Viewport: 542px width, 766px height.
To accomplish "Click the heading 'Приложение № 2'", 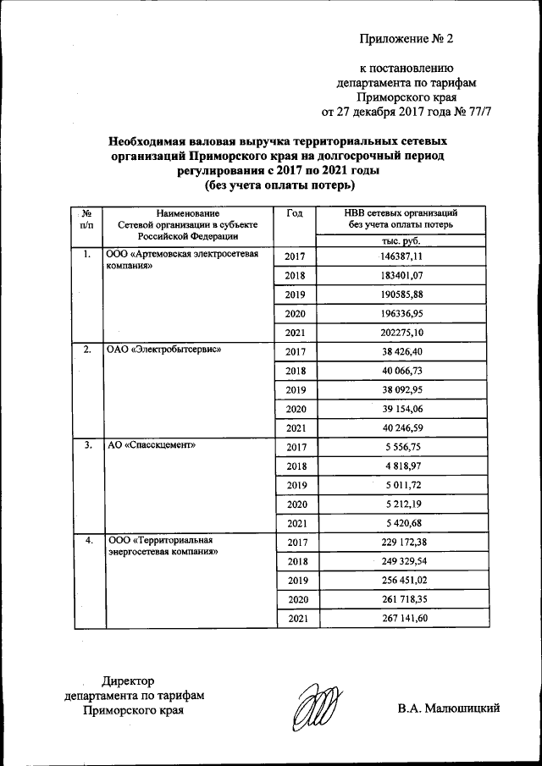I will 407,39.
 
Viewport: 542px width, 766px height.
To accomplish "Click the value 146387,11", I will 401,256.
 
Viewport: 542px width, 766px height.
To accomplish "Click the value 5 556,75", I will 401,448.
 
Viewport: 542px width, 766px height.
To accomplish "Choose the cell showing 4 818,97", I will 401,466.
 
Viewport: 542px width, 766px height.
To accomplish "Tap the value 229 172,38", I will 401,543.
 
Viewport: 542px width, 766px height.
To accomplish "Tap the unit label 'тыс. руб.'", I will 401,241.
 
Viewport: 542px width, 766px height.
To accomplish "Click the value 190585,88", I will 401,295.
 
